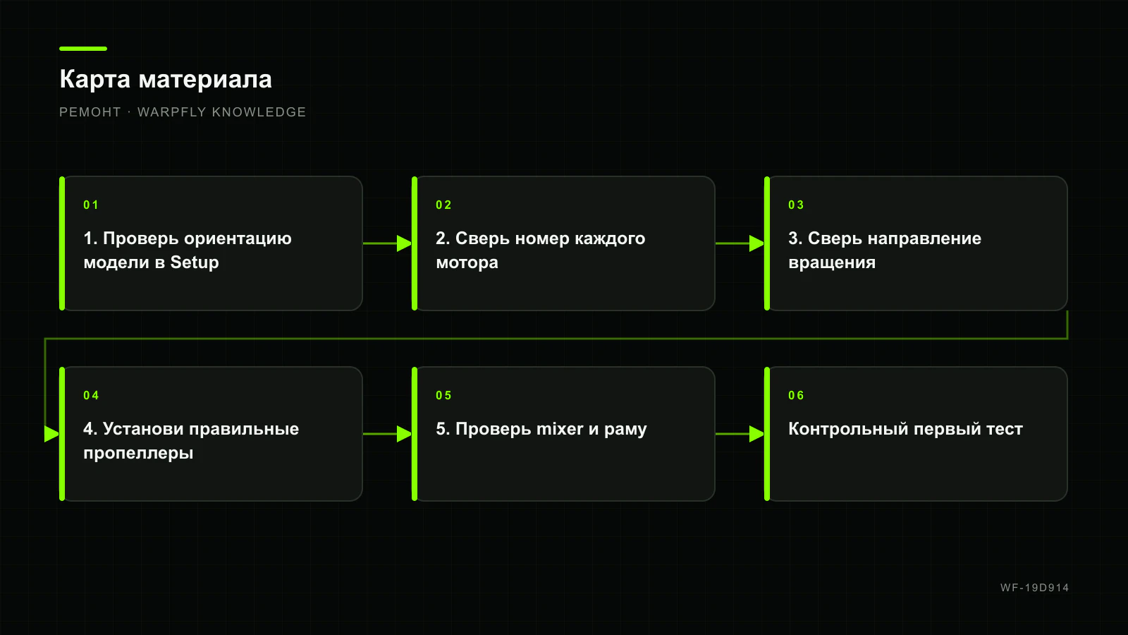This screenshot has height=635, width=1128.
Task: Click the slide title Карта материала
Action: pyautogui.click(x=166, y=80)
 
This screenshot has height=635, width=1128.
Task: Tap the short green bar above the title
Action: pyautogui.click(x=83, y=49)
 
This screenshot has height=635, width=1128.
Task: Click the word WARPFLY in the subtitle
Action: pyautogui.click(x=172, y=112)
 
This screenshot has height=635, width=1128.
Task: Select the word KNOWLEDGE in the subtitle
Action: pyautogui.click(x=259, y=112)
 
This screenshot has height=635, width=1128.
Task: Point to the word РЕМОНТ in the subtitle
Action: pyautogui.click(x=90, y=112)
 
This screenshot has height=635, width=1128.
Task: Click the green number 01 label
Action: pyautogui.click(x=91, y=205)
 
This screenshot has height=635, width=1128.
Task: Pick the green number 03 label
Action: pyautogui.click(x=796, y=205)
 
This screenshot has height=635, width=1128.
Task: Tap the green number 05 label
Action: pyautogui.click(x=443, y=395)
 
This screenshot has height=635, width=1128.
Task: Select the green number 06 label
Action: pyautogui.click(x=796, y=395)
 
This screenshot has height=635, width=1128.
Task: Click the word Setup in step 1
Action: pyautogui.click(x=195, y=262)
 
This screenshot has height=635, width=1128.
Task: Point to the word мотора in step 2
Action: pyautogui.click(x=467, y=262)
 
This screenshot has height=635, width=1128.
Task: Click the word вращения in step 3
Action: pyautogui.click(x=832, y=262)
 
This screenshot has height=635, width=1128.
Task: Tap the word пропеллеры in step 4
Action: pyautogui.click(x=138, y=453)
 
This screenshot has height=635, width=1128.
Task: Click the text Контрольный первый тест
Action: pyautogui.click(x=905, y=429)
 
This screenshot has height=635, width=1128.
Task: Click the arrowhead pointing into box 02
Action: pyautogui.click(x=405, y=243)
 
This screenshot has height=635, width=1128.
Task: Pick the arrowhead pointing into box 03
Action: pyautogui.click(x=757, y=243)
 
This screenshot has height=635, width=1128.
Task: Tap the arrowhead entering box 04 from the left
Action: pyautogui.click(x=52, y=434)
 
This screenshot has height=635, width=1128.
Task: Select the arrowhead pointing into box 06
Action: pyautogui.click(x=757, y=434)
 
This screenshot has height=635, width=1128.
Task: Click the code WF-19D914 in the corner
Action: pyautogui.click(x=1034, y=588)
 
